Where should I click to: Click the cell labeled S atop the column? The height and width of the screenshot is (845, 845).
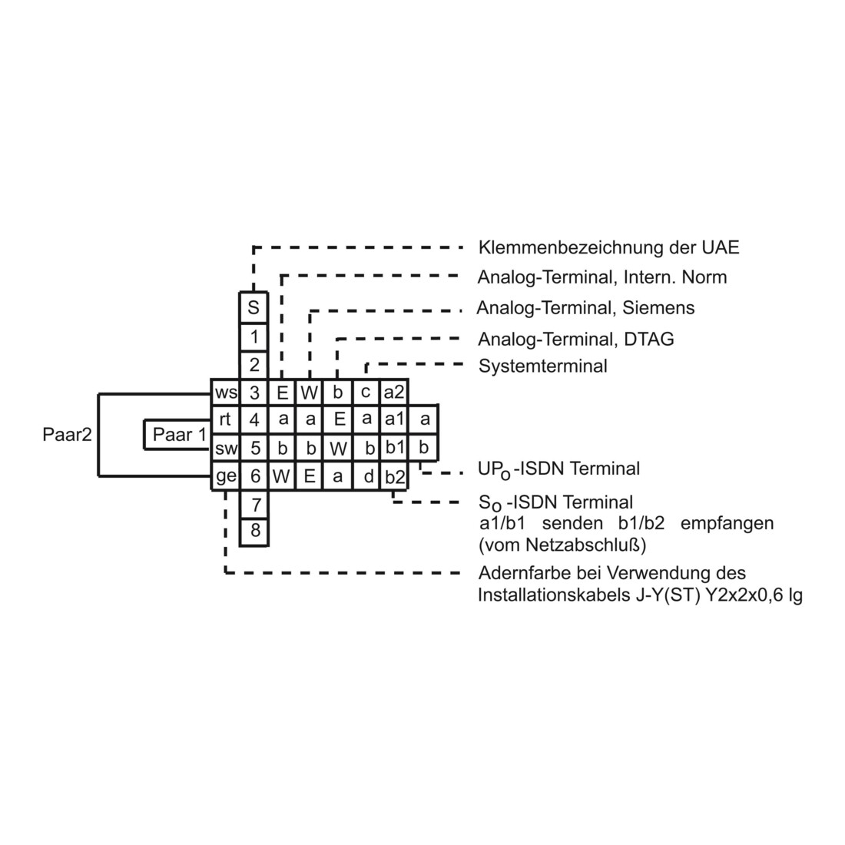point(253,308)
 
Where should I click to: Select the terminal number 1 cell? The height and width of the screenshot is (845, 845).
point(253,337)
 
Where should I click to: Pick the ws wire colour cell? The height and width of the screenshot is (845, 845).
point(225,393)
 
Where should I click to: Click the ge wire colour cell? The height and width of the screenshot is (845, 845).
point(225,476)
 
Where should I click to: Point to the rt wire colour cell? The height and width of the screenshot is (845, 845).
point(225,419)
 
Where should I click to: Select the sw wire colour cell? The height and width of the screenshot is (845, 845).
point(225,448)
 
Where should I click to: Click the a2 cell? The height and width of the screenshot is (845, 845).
point(394,393)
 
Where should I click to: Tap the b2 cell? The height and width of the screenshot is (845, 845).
point(394,476)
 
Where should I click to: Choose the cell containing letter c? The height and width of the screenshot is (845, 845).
point(366,393)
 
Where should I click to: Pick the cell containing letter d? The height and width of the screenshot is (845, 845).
point(366,476)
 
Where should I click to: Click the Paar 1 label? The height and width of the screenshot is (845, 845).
point(180,434)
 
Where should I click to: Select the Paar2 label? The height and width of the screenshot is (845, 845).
point(68,434)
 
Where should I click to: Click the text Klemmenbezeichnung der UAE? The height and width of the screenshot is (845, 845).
point(609,247)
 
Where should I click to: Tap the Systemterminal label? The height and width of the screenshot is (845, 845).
point(542,366)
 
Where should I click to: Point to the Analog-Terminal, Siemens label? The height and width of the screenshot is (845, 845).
point(586,308)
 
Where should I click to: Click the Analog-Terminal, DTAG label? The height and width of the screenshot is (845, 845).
point(576,339)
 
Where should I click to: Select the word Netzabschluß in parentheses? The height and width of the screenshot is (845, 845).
point(585,545)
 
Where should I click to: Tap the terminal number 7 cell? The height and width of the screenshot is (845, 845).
point(253,505)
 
